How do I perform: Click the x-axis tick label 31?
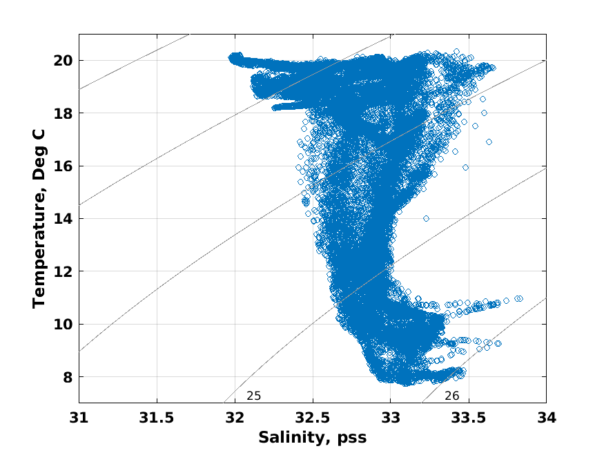79,418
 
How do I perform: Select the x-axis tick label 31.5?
157,418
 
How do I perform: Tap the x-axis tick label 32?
235,418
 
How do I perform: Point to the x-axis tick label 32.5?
312,418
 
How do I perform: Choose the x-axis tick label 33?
390,418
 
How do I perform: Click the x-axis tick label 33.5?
468,418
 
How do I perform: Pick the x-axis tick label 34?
546,418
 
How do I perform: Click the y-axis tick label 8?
66,377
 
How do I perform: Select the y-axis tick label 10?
63,324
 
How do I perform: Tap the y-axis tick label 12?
63,271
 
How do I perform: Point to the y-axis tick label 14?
63,218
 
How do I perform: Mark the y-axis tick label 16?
63,166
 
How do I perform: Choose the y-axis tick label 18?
63,113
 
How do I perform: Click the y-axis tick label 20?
63,60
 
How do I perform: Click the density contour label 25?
253,396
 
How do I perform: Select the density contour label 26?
451,396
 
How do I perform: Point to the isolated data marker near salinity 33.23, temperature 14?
426,218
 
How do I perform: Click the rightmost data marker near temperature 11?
519,298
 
